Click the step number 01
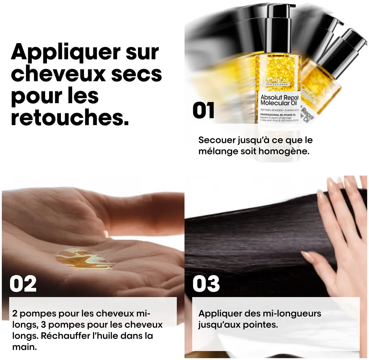point(204,110)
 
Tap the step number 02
point(23,284)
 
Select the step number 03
point(206,284)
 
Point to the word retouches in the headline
point(70,118)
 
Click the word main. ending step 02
point(25,347)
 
